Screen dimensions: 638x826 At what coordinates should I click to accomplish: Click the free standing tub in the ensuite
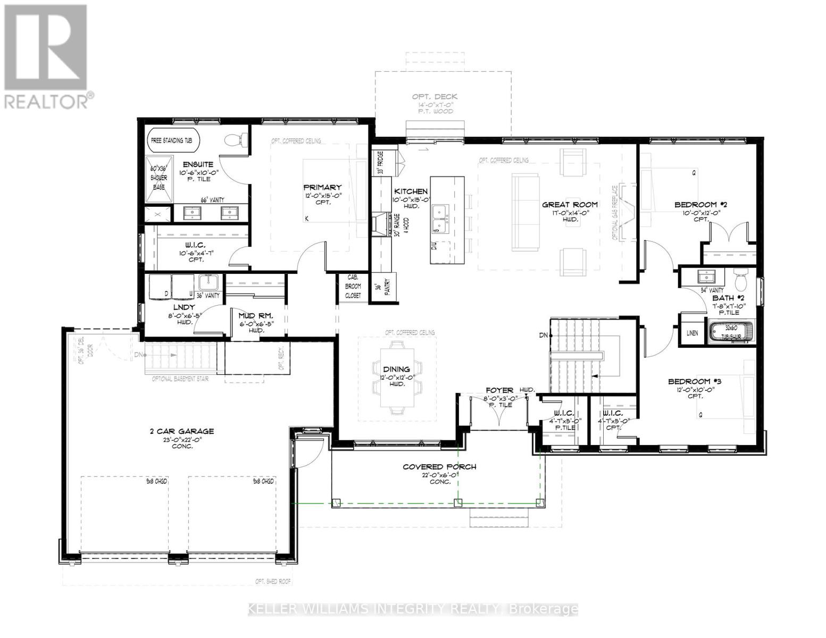click(173, 141)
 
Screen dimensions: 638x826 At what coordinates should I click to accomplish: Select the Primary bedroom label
click(322, 187)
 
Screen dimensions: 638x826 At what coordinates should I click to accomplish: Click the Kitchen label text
click(411, 191)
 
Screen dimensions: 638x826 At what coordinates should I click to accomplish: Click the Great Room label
click(570, 204)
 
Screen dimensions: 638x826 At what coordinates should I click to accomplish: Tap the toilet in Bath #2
click(741, 278)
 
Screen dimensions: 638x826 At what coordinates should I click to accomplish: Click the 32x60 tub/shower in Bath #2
click(731, 330)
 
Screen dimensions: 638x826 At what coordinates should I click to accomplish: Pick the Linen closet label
click(692, 333)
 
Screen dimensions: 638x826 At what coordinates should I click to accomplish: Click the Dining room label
click(396, 369)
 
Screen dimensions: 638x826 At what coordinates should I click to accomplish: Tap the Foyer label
click(499, 390)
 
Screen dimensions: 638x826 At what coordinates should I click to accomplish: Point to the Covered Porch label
click(439, 467)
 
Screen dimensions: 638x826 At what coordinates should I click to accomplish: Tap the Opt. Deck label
click(435, 97)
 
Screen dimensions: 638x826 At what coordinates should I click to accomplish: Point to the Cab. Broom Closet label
click(353, 286)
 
